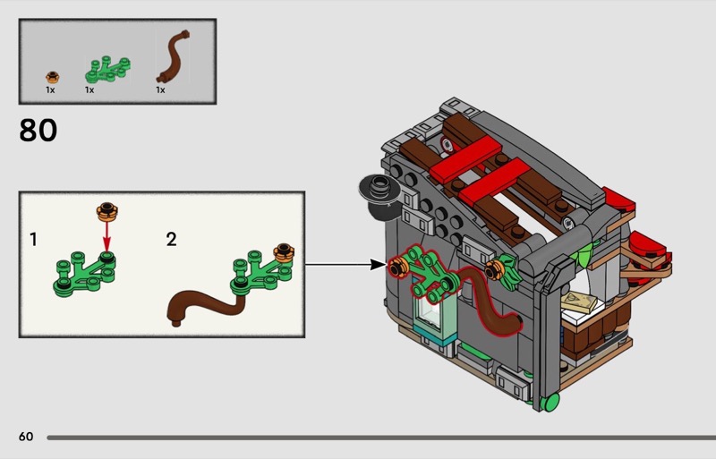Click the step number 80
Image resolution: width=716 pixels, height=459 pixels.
click(x=38, y=131)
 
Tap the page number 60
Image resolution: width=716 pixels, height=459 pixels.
click(x=26, y=437)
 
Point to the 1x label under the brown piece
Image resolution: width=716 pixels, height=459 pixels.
click(x=161, y=90)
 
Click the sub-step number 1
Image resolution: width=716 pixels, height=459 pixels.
click(x=33, y=240)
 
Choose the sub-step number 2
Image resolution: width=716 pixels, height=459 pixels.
click(x=171, y=240)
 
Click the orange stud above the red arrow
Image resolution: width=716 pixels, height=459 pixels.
click(x=107, y=212)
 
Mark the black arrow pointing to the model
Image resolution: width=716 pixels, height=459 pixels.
click(x=345, y=264)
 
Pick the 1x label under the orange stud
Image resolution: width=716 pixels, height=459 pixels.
click(x=51, y=90)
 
